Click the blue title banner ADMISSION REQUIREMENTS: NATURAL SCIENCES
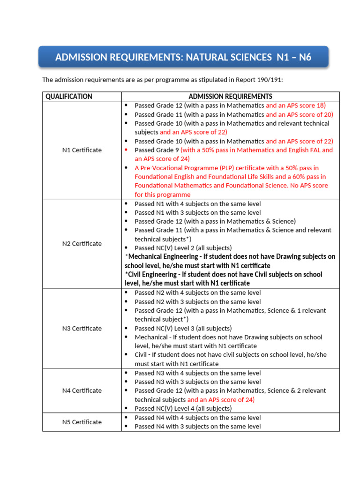tap(183, 57)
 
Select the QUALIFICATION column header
tap(68, 97)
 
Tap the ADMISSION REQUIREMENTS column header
tap(230, 97)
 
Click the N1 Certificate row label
tap(82, 150)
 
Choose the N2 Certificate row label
tap(82, 244)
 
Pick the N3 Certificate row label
tap(82, 328)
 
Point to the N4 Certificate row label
tap(82, 390)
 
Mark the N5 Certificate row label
tap(82, 422)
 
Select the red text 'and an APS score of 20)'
tap(299, 114)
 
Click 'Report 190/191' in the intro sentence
tap(260, 80)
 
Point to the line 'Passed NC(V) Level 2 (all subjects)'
tap(183, 248)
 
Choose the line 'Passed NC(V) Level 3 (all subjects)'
tap(183, 329)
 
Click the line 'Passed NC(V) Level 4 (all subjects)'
tap(183, 408)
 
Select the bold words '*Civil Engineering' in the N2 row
tap(153, 275)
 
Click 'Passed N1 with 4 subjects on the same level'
tap(197, 204)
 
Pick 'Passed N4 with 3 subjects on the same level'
tap(197, 427)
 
